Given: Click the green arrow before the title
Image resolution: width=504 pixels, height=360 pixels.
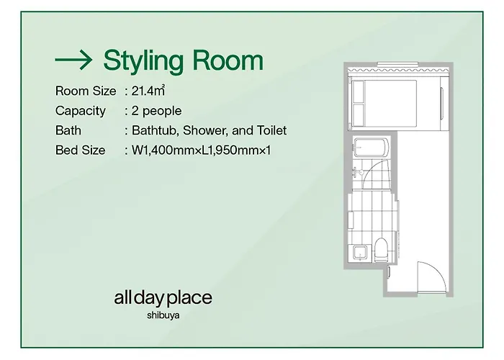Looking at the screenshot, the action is [x=73, y=60].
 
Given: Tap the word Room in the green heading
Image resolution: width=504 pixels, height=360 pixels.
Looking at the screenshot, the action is [x=228, y=60].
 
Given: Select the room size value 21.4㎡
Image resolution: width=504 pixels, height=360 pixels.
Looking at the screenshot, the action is [x=148, y=91].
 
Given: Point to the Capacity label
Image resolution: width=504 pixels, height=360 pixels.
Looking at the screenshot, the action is [x=81, y=111].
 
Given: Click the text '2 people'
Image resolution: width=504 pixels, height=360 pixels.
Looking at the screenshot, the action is [x=156, y=111].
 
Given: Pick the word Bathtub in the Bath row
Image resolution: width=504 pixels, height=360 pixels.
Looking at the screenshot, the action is [x=156, y=130].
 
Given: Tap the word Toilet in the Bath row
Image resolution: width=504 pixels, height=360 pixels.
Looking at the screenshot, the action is [x=271, y=130].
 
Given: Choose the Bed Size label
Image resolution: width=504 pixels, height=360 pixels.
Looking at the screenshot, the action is [x=81, y=150].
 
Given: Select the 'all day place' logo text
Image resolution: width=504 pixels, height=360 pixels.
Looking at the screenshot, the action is [x=163, y=299].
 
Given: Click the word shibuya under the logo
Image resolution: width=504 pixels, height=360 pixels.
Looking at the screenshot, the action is [x=163, y=315].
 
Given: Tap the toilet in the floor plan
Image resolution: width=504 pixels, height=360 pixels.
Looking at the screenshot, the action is [x=382, y=249].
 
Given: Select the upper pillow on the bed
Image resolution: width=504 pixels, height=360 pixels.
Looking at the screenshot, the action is [x=358, y=91].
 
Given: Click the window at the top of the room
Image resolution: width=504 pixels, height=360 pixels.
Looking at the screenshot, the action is [x=397, y=64].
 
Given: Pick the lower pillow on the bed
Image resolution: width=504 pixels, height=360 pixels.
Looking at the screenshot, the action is [x=358, y=114].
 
